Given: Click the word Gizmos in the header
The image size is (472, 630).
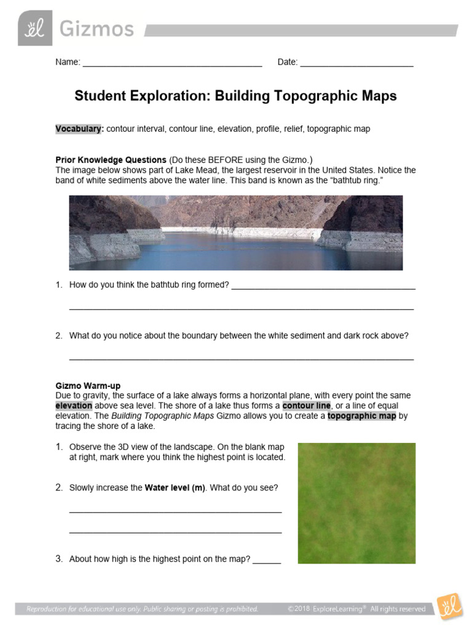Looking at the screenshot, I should [x=96, y=29].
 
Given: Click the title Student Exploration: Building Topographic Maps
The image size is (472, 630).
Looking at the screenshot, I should [x=235, y=96].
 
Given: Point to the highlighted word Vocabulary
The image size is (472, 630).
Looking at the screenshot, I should [x=79, y=129].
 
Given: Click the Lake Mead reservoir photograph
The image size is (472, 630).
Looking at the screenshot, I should [x=235, y=233].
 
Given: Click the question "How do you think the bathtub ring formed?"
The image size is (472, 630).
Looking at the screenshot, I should [x=149, y=285].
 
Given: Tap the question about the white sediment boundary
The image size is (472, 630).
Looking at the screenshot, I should [x=238, y=335].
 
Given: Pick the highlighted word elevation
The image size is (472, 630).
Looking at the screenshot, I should [x=74, y=406].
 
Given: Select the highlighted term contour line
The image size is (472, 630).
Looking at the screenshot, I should [x=306, y=406].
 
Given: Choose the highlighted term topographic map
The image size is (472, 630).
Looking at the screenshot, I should [x=361, y=416].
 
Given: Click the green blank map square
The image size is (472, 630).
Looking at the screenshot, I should [x=356, y=503].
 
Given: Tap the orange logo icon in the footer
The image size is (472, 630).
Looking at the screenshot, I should [x=449, y=606].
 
